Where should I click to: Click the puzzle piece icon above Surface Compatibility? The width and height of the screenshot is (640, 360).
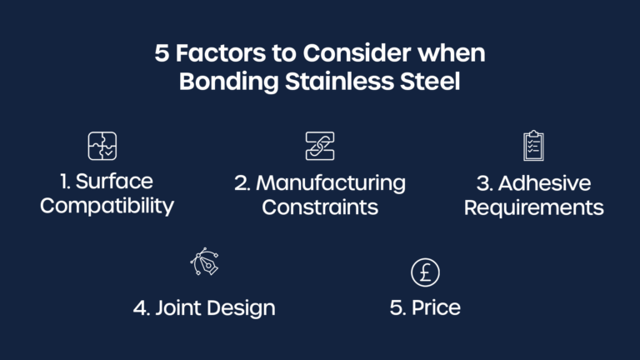102,146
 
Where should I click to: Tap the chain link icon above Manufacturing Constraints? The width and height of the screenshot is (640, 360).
319,146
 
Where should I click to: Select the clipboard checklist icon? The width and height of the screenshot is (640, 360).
533,145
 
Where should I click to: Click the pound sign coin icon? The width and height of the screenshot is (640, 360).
425,272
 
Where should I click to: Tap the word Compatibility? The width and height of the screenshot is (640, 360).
107,206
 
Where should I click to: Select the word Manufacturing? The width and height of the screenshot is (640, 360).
331,182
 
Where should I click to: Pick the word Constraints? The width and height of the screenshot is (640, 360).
320,206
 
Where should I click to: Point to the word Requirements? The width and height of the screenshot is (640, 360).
533,207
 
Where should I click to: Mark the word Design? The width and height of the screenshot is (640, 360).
242,308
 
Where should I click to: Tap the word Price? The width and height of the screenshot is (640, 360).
436,307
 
